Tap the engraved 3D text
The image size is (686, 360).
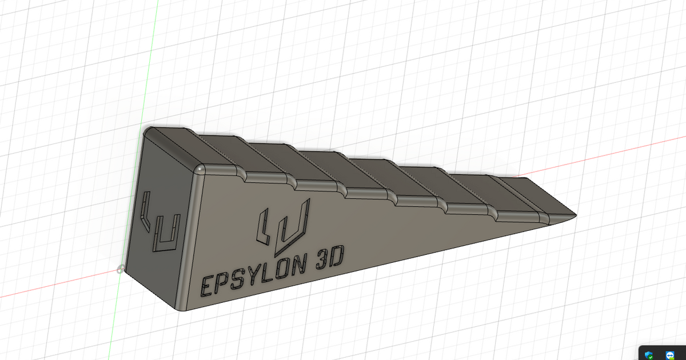328,261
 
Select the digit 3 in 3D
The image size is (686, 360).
321,262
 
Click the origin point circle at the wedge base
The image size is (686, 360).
120,269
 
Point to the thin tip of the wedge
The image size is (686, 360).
573,215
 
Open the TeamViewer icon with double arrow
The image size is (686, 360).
670,354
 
